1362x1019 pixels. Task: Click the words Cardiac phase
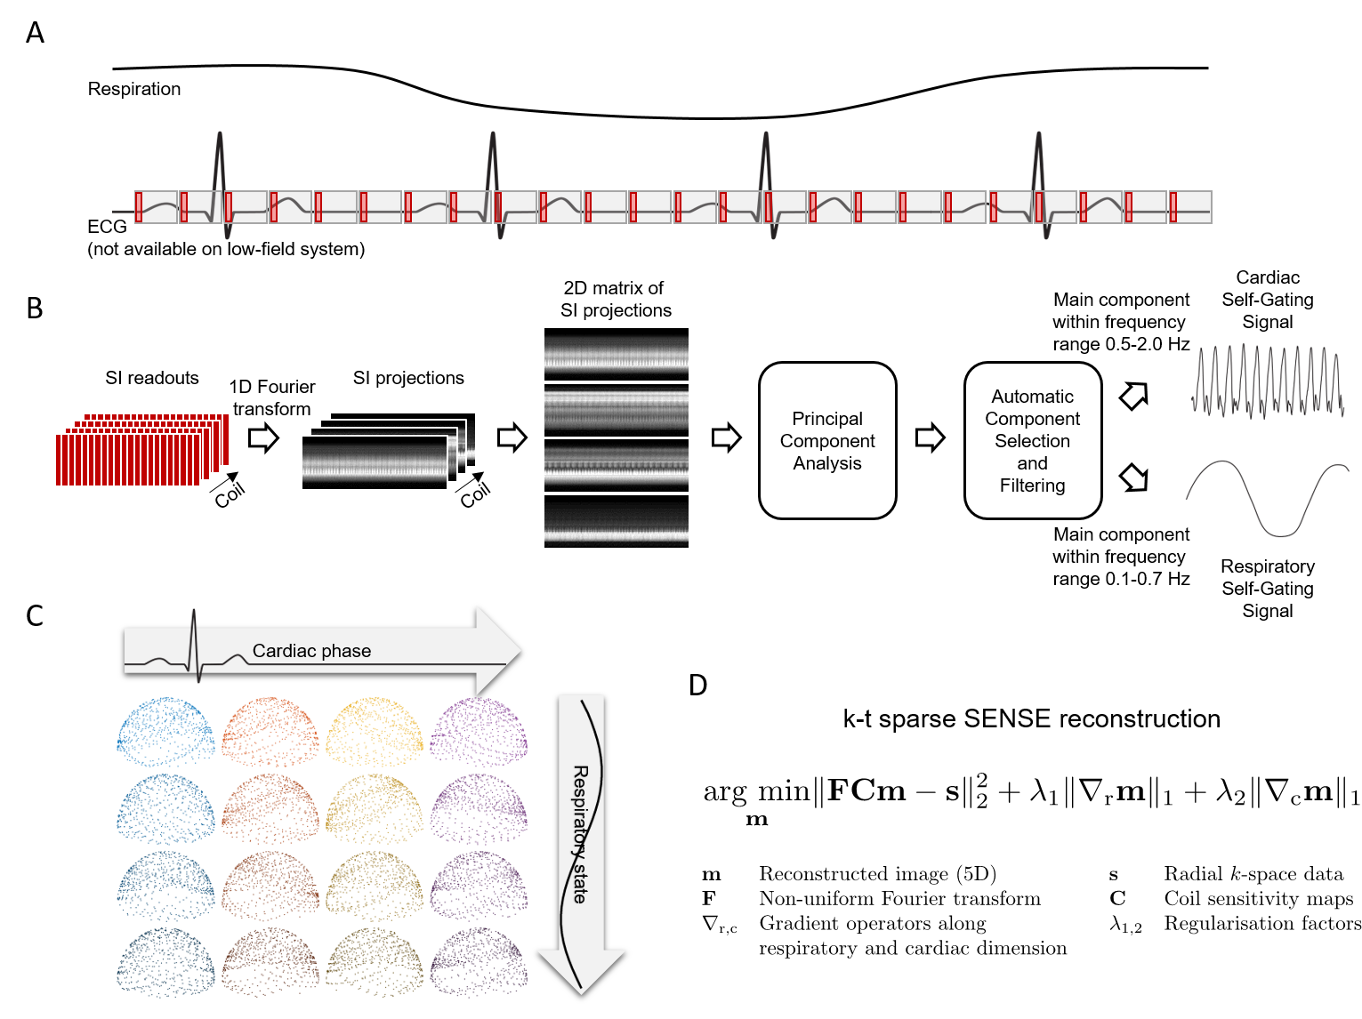[311, 651]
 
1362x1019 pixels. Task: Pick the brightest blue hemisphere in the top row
[165, 732]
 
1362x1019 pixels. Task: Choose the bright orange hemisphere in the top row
[270, 732]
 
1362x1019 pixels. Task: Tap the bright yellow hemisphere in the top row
[375, 732]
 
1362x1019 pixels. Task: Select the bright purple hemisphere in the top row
[479, 732]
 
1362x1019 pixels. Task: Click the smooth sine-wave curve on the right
[1268, 498]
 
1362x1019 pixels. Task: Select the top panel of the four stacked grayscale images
[617, 355]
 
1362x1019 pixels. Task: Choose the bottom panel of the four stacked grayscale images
[617, 521]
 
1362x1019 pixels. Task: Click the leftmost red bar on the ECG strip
[139, 207]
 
